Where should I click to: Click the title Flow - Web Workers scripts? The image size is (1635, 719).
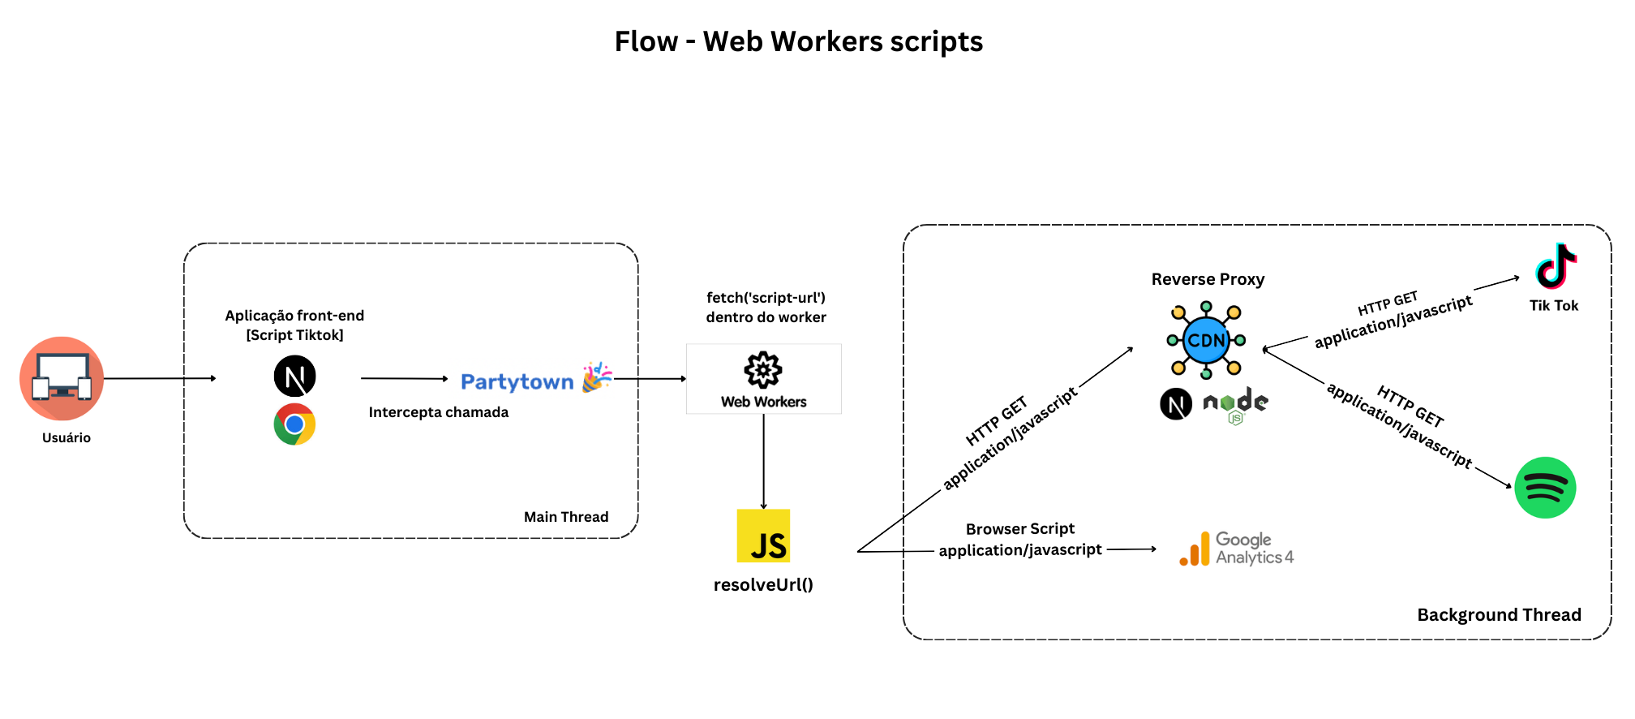(x=798, y=41)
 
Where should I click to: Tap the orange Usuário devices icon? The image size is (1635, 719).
(x=62, y=378)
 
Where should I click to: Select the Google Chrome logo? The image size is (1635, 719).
(x=294, y=424)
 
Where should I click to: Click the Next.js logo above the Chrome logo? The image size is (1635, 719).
(x=294, y=377)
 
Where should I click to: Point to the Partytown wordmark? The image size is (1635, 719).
(x=517, y=381)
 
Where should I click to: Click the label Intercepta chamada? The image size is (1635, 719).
(x=438, y=412)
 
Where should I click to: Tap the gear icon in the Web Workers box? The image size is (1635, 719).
(x=763, y=370)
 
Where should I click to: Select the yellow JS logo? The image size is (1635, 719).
(x=763, y=536)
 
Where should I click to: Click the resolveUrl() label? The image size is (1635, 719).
(x=763, y=585)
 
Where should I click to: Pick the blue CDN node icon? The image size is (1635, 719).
(x=1206, y=340)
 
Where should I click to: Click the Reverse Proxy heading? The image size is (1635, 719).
(x=1208, y=279)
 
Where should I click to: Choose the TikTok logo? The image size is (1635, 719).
(x=1556, y=266)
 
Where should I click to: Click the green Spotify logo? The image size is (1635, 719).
(x=1545, y=488)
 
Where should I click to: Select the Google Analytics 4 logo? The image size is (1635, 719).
(x=1236, y=549)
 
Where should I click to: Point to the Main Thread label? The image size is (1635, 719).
(x=566, y=517)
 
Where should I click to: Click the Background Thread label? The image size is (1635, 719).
(x=1499, y=615)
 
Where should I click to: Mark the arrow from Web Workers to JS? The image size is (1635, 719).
(x=763, y=461)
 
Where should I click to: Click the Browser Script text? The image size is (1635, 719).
(x=1019, y=529)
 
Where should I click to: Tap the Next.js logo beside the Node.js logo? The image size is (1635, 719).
(x=1176, y=404)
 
